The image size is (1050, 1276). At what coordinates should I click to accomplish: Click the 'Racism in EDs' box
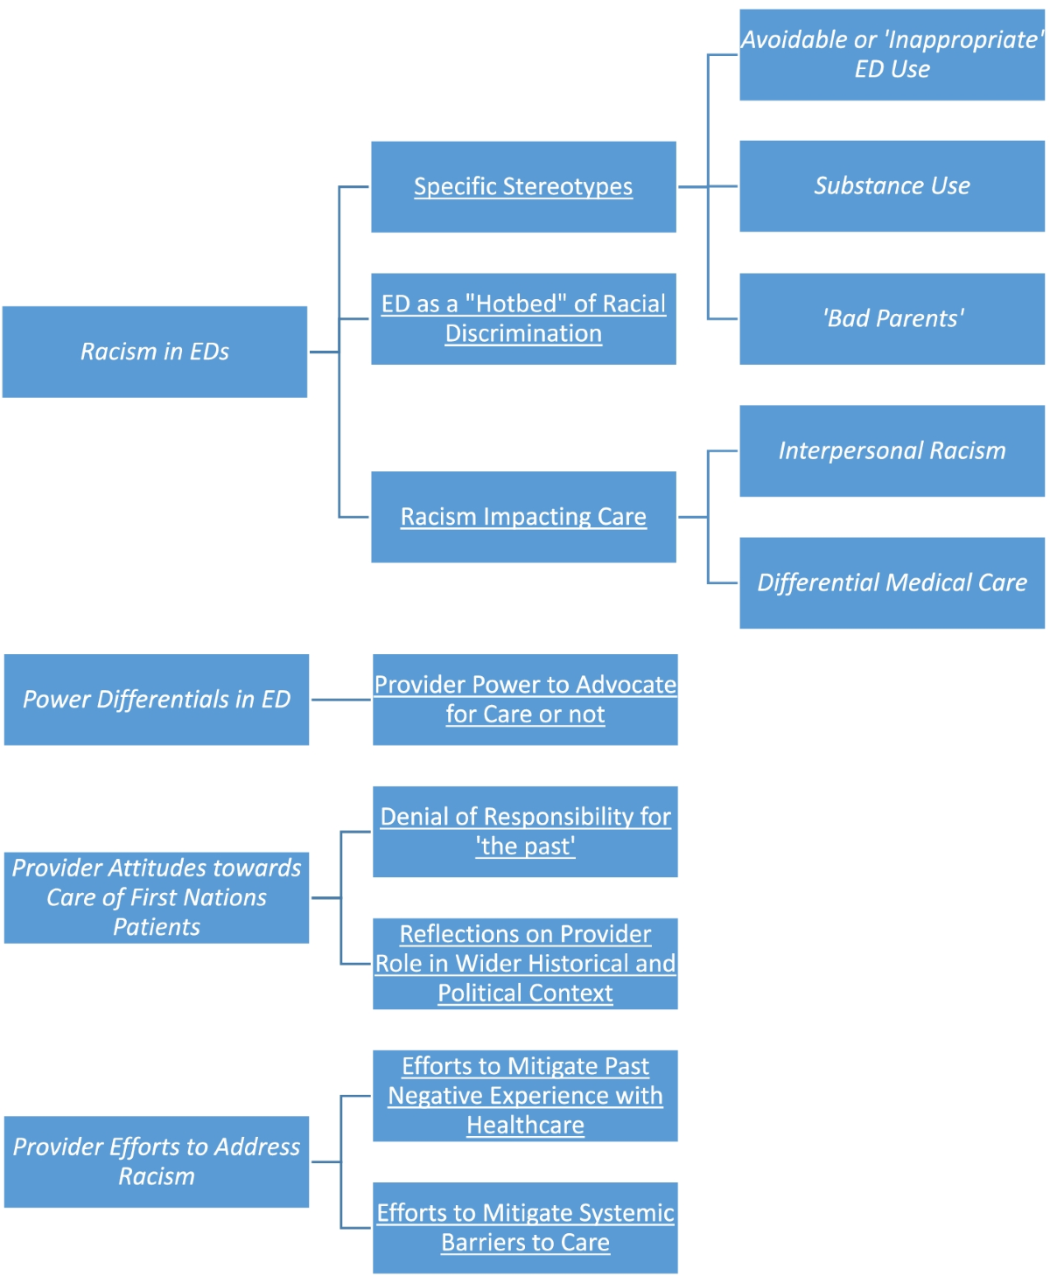coord(155,352)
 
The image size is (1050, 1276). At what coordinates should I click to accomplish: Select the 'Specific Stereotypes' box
coord(523,186)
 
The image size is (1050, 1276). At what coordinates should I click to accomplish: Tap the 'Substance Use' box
coord(892,185)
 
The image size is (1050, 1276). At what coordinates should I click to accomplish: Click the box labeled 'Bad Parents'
coord(892,318)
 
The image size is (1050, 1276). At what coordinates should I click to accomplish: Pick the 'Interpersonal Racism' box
coord(892,450)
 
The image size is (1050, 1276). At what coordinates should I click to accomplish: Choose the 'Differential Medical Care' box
coord(892,582)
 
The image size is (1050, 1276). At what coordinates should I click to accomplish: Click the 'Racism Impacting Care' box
coord(523,517)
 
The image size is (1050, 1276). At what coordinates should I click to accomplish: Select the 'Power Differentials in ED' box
coord(156,700)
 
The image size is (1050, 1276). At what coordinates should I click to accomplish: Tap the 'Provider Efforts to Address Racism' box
coord(156,1161)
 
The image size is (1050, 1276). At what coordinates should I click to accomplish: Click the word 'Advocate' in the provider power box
coord(626,685)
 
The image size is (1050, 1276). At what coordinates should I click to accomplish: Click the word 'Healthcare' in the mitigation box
coord(525,1126)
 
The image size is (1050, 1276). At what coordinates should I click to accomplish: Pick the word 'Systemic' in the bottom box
coord(621,1213)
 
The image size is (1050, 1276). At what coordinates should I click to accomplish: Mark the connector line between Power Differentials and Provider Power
coord(340,700)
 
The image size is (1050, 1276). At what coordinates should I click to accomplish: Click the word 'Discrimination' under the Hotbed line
coord(523,334)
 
